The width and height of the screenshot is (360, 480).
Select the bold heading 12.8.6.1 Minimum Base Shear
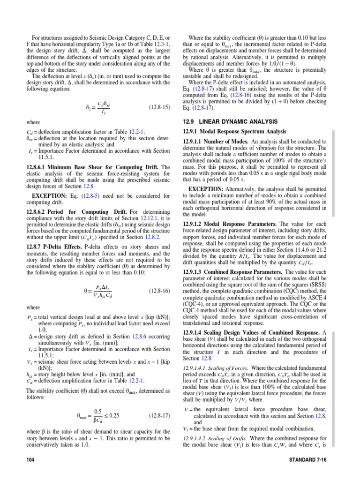point(88,167)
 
